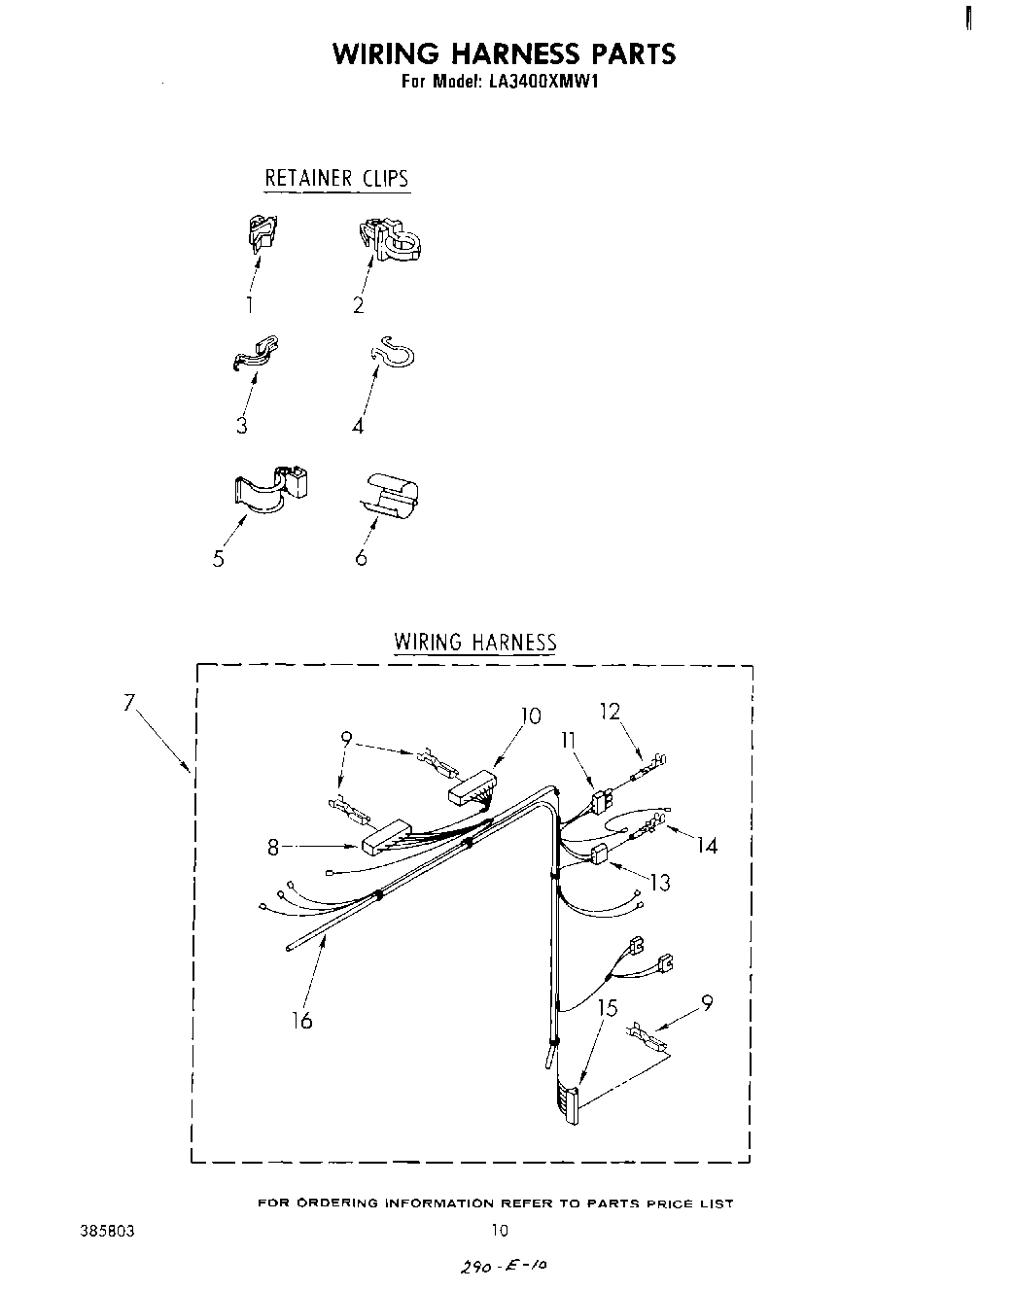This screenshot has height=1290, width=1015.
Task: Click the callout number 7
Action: (128, 702)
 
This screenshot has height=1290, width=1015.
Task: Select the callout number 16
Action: (302, 1020)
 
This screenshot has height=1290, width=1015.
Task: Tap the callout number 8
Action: (274, 848)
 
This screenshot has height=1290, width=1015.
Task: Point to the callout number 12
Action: (610, 712)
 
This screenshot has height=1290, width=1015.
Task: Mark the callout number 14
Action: (707, 846)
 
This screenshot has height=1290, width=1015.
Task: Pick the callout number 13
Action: (660, 883)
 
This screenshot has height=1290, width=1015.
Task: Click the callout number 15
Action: (607, 1008)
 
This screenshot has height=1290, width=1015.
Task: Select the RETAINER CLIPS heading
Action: (336, 179)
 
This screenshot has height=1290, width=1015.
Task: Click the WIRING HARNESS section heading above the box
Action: (474, 643)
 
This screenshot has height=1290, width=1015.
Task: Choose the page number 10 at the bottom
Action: (499, 1231)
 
